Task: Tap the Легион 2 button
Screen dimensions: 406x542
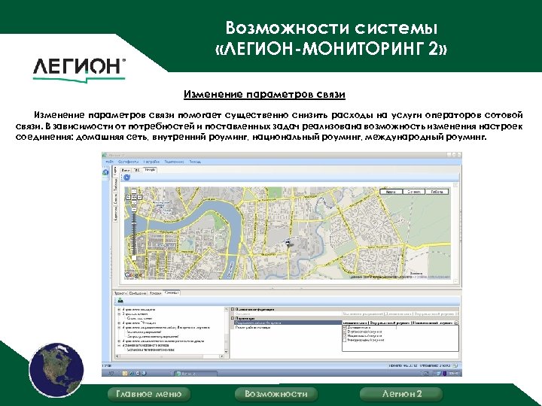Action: (x=402, y=394)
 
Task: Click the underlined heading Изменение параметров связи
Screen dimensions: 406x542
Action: (x=265, y=95)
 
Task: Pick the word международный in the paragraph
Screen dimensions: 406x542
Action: (x=406, y=139)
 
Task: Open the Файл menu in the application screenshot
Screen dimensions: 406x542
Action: (x=110, y=162)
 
